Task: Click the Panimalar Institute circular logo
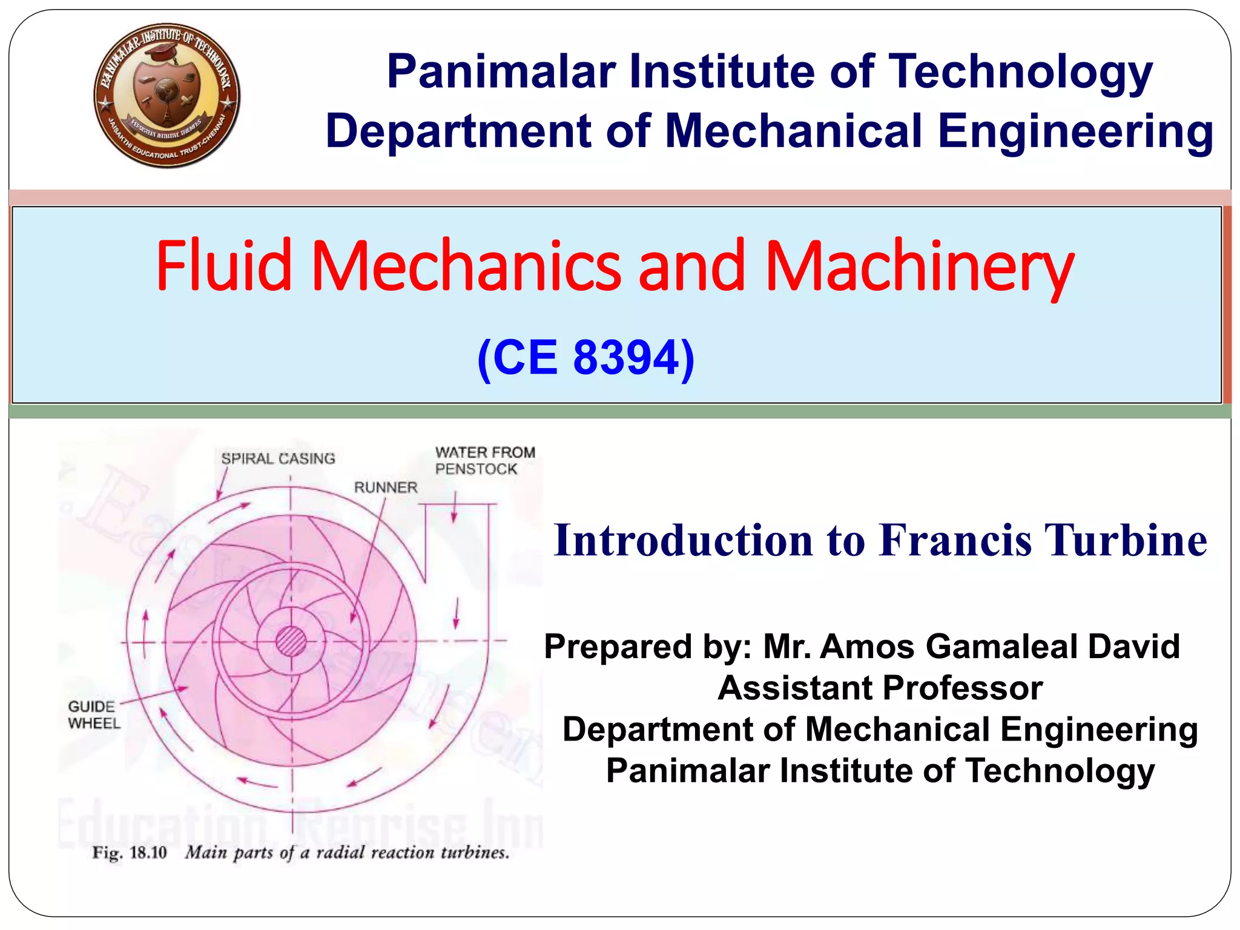point(167,96)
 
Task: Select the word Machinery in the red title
point(919,266)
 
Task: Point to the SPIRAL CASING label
point(278,459)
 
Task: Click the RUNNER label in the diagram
point(386,487)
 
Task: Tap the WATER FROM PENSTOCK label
point(484,461)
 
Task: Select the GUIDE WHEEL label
point(94,715)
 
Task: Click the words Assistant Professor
point(880,688)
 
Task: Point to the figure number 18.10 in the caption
point(148,853)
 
